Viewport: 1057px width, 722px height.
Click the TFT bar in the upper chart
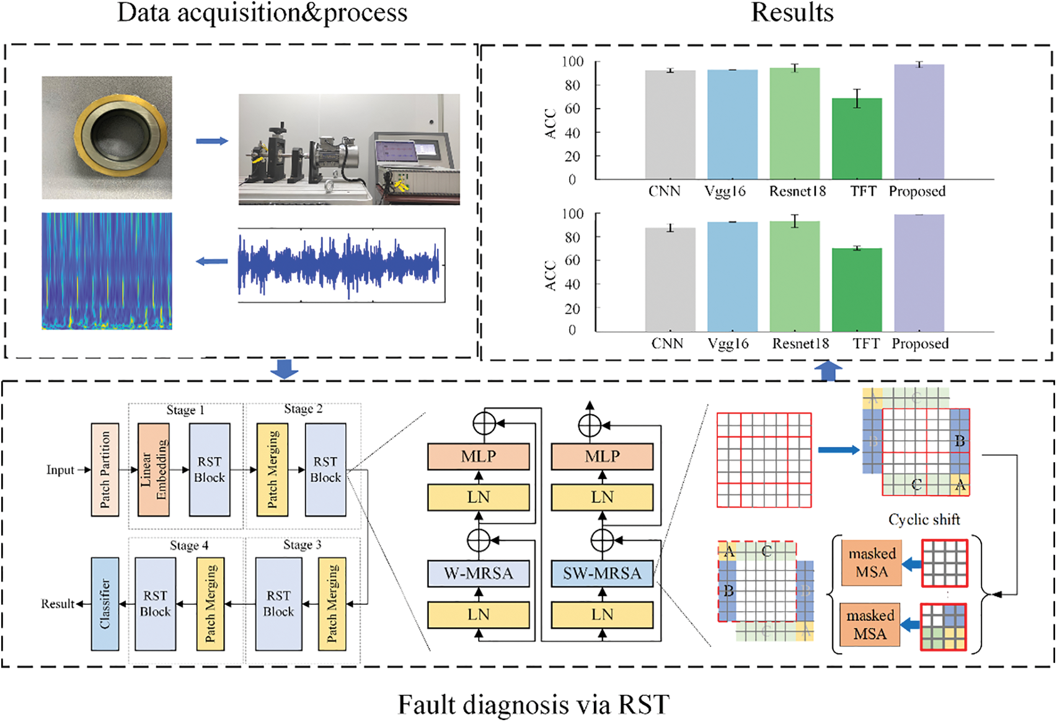(x=857, y=139)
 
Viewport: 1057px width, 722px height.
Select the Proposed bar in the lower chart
(x=919, y=273)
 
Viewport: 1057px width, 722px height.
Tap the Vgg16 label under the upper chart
(x=725, y=192)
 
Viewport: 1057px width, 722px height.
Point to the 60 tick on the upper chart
(x=572, y=109)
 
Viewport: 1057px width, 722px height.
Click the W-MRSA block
(x=478, y=573)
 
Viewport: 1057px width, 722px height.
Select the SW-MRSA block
(x=602, y=573)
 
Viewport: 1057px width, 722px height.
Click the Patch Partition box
(x=105, y=470)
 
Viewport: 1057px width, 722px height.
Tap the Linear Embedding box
(x=154, y=470)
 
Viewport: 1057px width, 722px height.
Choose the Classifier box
(x=105, y=604)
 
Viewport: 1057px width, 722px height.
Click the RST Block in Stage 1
(x=210, y=470)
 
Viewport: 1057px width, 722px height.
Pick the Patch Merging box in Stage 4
(x=210, y=604)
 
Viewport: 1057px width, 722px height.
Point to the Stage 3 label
(x=302, y=545)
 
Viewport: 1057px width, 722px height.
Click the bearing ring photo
(x=107, y=137)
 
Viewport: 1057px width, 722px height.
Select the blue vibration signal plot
(x=341, y=265)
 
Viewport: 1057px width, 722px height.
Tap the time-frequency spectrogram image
(x=107, y=271)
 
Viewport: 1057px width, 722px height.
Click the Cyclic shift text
(x=924, y=520)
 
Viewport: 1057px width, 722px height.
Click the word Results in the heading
(x=792, y=12)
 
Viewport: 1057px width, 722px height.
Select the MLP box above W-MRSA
(x=478, y=457)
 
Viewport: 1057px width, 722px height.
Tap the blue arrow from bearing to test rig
(x=212, y=141)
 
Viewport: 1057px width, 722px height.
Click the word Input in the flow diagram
(x=60, y=470)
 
